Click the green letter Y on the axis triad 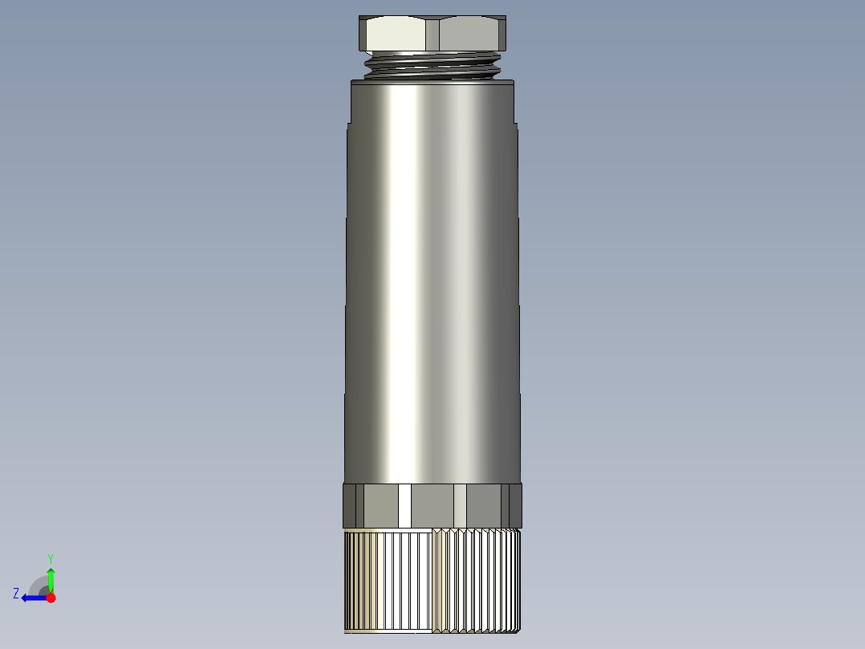(51, 557)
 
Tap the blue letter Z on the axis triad (16, 594)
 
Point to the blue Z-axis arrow (32, 598)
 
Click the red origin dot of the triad (51, 598)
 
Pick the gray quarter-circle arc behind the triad (38, 584)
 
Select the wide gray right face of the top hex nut (469, 35)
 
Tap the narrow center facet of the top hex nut (433, 35)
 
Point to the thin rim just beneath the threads (433, 81)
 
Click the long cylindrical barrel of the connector (433, 281)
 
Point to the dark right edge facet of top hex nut (504, 35)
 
